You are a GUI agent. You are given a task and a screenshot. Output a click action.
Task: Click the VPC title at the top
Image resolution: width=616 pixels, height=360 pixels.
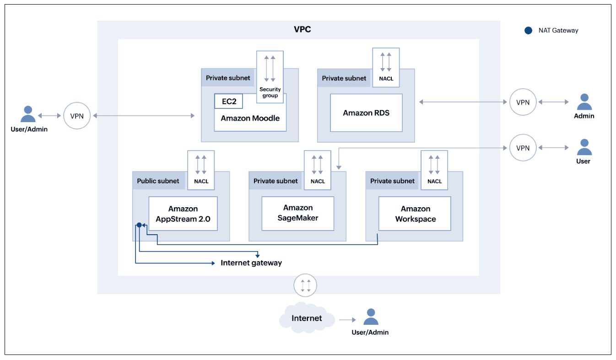302,30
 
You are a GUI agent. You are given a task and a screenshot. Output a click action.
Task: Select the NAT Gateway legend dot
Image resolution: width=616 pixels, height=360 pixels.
529,31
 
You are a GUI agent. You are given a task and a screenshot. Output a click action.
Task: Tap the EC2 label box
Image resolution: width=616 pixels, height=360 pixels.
229,101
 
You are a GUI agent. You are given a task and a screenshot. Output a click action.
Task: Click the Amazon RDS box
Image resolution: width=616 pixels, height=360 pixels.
366,113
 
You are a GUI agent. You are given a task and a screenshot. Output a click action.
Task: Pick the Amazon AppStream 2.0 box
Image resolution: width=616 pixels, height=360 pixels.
183,214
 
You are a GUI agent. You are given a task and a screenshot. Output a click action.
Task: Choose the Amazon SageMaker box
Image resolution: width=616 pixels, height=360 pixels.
297,214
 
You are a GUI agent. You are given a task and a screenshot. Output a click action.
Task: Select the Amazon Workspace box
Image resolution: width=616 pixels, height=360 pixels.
415,214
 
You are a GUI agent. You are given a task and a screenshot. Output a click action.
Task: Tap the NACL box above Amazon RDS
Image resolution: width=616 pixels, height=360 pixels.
386,67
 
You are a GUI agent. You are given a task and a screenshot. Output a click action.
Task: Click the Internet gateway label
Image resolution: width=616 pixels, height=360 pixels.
251,263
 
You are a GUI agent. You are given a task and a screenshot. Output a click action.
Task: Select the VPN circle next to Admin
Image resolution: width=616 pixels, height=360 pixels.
523,102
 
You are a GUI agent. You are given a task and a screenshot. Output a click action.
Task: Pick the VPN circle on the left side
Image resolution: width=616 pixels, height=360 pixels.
77,116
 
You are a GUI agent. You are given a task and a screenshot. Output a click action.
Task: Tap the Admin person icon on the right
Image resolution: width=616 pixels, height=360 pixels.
584,102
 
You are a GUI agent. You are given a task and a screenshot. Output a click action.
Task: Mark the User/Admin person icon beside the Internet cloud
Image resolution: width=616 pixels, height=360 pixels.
370,317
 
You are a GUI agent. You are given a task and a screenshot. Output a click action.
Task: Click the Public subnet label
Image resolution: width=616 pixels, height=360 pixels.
158,181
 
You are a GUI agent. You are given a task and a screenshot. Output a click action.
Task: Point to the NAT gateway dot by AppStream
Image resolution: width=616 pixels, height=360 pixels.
139,225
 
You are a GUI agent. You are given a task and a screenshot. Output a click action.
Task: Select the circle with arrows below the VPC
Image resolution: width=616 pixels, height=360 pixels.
306,285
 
